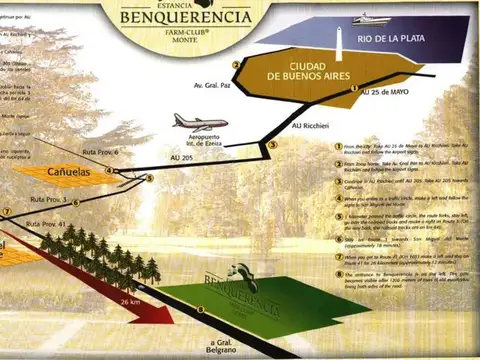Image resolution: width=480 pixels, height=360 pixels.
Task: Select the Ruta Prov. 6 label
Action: (x=100, y=152)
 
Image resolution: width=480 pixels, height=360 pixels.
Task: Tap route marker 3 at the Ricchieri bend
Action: (x=271, y=145)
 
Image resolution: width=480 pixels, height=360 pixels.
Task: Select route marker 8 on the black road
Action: (x=200, y=309)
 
